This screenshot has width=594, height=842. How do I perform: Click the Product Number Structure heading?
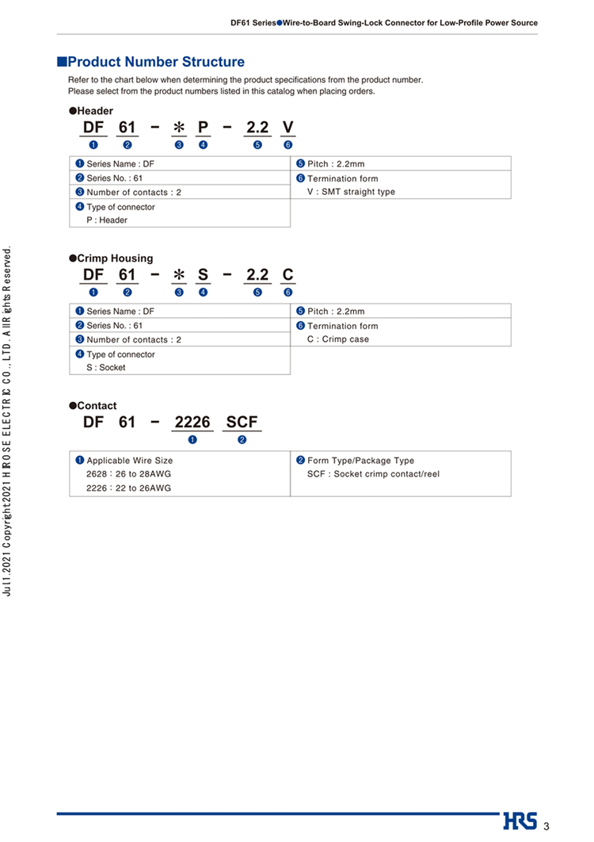click(x=156, y=62)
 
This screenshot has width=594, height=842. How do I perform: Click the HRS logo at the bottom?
click(x=520, y=821)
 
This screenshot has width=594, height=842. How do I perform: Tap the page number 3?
click(x=546, y=826)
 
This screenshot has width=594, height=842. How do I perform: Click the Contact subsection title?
click(x=96, y=406)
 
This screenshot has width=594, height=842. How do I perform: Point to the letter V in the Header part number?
click(x=287, y=128)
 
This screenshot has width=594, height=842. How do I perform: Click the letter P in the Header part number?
click(x=203, y=128)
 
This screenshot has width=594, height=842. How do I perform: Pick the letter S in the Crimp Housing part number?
click(x=203, y=275)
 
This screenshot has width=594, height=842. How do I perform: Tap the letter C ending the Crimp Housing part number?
click(x=287, y=275)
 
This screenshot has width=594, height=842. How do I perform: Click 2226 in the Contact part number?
click(x=192, y=423)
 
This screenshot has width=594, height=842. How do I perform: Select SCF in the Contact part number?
click(x=242, y=423)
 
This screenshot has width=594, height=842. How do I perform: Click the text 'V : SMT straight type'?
click(x=351, y=192)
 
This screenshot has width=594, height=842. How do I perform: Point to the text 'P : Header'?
click(x=107, y=220)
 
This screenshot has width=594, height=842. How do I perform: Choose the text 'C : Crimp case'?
click(x=338, y=339)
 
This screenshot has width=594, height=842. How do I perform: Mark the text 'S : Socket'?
click(x=106, y=368)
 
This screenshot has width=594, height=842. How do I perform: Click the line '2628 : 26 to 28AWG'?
click(x=129, y=474)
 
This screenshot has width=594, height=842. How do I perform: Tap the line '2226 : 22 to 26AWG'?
click(x=129, y=488)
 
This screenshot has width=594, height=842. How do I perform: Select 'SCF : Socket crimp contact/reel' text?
click(x=373, y=474)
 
